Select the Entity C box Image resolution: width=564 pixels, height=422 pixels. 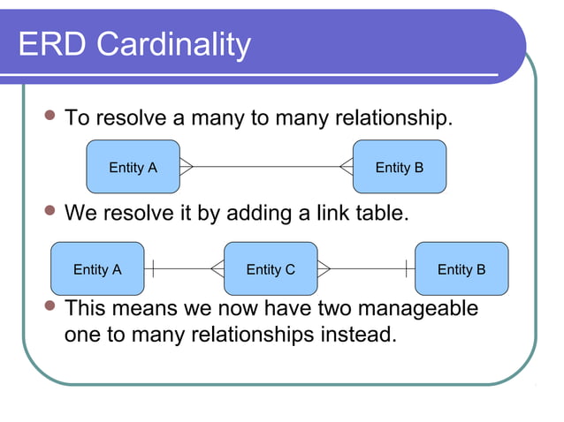coord(270,269)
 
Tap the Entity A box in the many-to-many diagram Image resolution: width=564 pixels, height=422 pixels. coord(133,167)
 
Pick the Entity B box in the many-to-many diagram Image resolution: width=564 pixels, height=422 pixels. coord(400,167)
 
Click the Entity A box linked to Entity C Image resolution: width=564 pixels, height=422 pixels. coord(97,269)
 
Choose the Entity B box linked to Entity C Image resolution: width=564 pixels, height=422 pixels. coord(461,269)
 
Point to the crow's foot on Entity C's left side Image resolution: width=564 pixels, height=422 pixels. coord(217,268)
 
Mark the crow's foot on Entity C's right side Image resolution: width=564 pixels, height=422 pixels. coord(324,268)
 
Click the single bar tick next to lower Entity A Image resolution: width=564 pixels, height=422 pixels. coord(154,268)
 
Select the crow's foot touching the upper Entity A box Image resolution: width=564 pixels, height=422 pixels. coord(187,166)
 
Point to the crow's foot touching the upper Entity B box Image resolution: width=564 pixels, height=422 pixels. coord(346,166)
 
